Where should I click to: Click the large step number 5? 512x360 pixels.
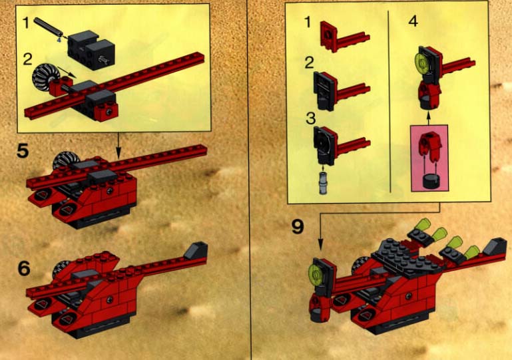click(23, 151)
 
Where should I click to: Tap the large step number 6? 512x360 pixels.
click(24, 269)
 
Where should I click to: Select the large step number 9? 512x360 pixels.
click(297, 226)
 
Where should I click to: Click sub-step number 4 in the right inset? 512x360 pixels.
click(413, 21)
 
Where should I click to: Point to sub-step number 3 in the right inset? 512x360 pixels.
click(310, 118)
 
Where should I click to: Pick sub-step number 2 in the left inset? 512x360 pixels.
click(27, 59)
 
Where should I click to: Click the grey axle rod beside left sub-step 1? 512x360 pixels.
click(48, 27)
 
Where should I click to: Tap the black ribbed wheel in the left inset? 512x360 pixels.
click(44, 77)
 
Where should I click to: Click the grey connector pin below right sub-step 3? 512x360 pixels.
click(323, 184)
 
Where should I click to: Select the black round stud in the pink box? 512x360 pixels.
click(431, 182)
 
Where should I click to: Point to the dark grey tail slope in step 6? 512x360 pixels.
click(196, 250)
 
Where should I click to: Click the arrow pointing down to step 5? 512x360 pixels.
click(119, 146)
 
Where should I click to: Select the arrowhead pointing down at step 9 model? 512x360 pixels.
click(320, 244)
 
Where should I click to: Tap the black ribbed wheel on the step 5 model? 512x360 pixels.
click(66, 160)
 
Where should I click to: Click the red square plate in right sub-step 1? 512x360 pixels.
click(329, 36)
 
